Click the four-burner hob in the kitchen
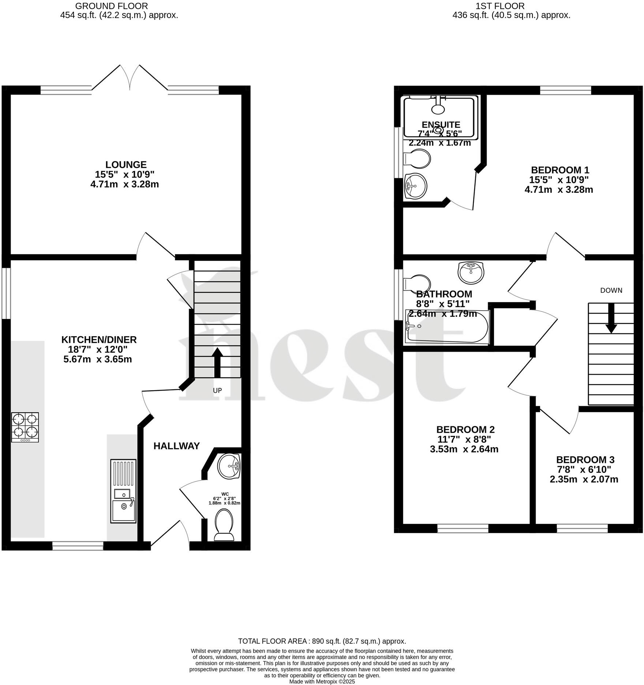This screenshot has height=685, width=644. [25, 427]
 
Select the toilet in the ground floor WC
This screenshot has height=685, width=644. [224, 525]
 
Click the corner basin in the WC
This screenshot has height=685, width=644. [228, 466]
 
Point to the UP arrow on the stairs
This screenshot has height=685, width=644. [217, 362]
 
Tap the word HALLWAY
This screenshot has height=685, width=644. [176, 446]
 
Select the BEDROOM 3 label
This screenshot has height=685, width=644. [585, 460]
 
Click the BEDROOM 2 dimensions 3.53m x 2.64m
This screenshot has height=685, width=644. [464, 449]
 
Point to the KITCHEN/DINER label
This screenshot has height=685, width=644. [99, 340]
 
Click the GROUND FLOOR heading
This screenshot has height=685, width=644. [112, 6]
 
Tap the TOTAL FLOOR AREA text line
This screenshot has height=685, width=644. [322, 641]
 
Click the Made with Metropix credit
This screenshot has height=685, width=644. [322, 681]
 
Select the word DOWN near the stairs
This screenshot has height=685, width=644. [611, 290]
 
